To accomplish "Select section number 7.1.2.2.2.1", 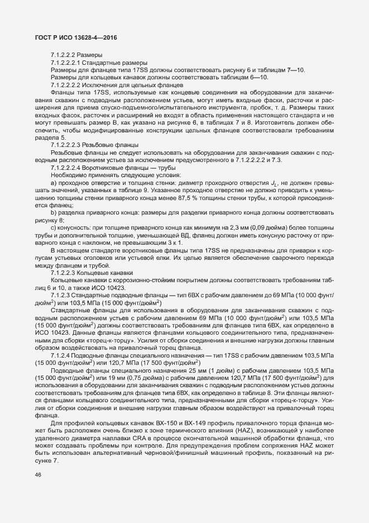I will (x=69, y=62).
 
